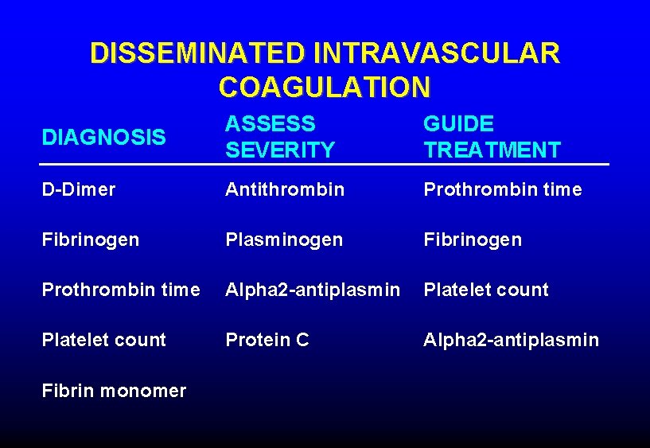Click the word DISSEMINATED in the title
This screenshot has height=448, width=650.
[x=197, y=53]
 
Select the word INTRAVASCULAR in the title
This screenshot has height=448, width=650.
[x=437, y=53]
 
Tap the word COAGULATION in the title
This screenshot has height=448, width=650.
[x=325, y=87]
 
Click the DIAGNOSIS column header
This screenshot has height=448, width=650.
[x=104, y=138]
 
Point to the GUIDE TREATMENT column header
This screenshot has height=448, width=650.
[x=492, y=137]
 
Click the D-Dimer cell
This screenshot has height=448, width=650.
[x=79, y=189]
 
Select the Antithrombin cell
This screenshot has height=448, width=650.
[x=285, y=189]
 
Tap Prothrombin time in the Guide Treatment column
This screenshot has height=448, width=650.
[x=503, y=189]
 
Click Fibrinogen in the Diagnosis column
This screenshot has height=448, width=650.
[x=91, y=240]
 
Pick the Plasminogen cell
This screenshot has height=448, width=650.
[x=284, y=240]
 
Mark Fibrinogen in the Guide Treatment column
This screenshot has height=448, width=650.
[x=473, y=240]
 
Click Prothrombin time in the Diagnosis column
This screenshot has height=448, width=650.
[x=121, y=290]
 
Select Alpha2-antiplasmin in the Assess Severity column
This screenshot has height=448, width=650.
[x=313, y=290]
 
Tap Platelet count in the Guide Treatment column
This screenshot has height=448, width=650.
[x=486, y=290]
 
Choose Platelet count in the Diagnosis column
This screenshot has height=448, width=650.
[x=104, y=340]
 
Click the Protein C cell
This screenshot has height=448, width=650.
[x=267, y=340]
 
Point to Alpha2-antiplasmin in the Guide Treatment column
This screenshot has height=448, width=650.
[x=512, y=340]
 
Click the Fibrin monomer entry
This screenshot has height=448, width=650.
[x=114, y=391]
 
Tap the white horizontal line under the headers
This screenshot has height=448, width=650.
[x=325, y=165]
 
